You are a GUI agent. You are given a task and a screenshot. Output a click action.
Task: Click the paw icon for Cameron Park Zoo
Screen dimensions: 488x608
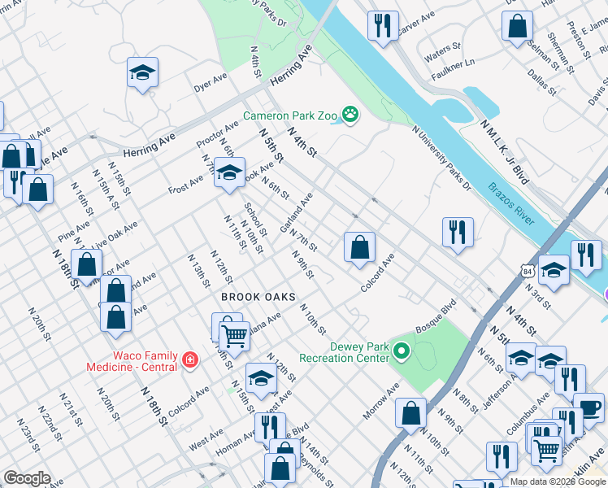350,115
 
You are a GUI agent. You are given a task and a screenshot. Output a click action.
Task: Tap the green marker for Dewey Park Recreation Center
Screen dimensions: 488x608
401,351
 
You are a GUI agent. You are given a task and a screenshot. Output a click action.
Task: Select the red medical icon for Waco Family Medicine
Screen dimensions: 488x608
189,359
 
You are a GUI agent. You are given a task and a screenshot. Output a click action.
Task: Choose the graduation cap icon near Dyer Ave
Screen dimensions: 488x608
142,73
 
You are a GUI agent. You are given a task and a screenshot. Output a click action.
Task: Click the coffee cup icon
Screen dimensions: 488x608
588,407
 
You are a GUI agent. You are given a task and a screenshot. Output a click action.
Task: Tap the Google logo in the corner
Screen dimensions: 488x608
26,478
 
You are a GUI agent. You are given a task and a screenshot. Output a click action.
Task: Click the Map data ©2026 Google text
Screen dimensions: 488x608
558,481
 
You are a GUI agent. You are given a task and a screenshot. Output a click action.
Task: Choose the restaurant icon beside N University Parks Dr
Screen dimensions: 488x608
458,232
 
